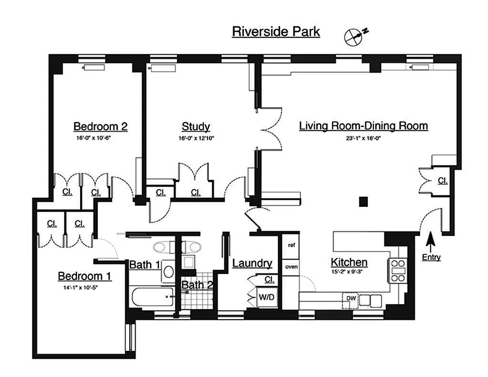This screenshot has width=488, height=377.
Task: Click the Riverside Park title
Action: [x=276, y=32]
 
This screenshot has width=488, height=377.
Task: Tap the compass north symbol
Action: [x=354, y=37]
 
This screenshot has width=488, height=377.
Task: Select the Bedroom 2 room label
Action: [x=100, y=126]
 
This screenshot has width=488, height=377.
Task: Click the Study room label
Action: [x=195, y=127]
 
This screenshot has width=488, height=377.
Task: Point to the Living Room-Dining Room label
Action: [x=364, y=126]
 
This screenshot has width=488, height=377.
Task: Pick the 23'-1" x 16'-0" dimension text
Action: [x=364, y=138]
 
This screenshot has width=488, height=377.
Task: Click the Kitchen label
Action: [x=349, y=262]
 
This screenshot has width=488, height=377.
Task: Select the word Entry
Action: [x=431, y=258]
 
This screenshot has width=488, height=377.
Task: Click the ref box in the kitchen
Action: [x=291, y=245]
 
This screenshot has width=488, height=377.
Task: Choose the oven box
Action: [x=291, y=266]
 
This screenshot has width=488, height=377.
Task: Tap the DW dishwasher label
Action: [x=351, y=298]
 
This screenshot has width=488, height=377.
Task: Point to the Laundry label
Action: [x=252, y=263]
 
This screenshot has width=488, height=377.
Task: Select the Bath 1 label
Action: [x=144, y=265]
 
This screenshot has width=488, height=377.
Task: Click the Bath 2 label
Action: [x=197, y=285]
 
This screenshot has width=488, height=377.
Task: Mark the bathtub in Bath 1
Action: [x=152, y=297]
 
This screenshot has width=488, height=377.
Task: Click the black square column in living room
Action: [x=363, y=202]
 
